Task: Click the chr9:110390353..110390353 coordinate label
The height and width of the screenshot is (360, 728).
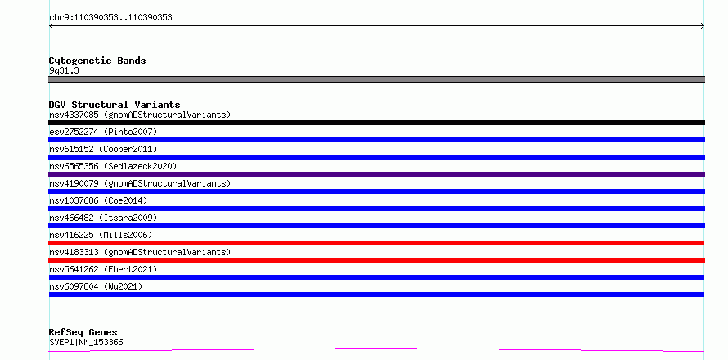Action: pos(110,18)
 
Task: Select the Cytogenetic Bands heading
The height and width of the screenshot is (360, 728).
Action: pos(97,61)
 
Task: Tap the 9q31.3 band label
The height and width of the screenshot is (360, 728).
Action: pos(64,71)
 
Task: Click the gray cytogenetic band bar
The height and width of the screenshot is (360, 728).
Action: pos(376,79)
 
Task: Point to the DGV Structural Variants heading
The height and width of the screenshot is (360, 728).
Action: pos(115,105)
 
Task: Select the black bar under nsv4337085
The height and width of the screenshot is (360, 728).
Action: pos(376,123)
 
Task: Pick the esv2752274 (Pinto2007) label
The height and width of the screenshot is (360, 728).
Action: pos(103,132)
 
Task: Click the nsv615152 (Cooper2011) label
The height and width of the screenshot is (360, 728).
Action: pos(103,149)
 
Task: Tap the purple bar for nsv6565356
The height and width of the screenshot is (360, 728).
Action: pos(376,174)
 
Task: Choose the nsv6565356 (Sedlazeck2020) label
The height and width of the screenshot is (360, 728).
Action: pos(113,166)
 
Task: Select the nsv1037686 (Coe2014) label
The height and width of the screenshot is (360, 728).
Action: pos(98,200)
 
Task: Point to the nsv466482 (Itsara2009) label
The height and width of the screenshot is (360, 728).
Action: pos(103,218)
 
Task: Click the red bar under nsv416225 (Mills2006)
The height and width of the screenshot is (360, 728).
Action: pos(376,243)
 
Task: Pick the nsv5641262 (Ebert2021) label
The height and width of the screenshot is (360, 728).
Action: pos(103,269)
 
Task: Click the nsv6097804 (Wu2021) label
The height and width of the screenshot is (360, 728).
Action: pos(96,286)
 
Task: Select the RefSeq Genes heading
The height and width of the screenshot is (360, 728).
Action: pos(83,332)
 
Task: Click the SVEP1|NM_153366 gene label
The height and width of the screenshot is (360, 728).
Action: pos(86,343)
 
